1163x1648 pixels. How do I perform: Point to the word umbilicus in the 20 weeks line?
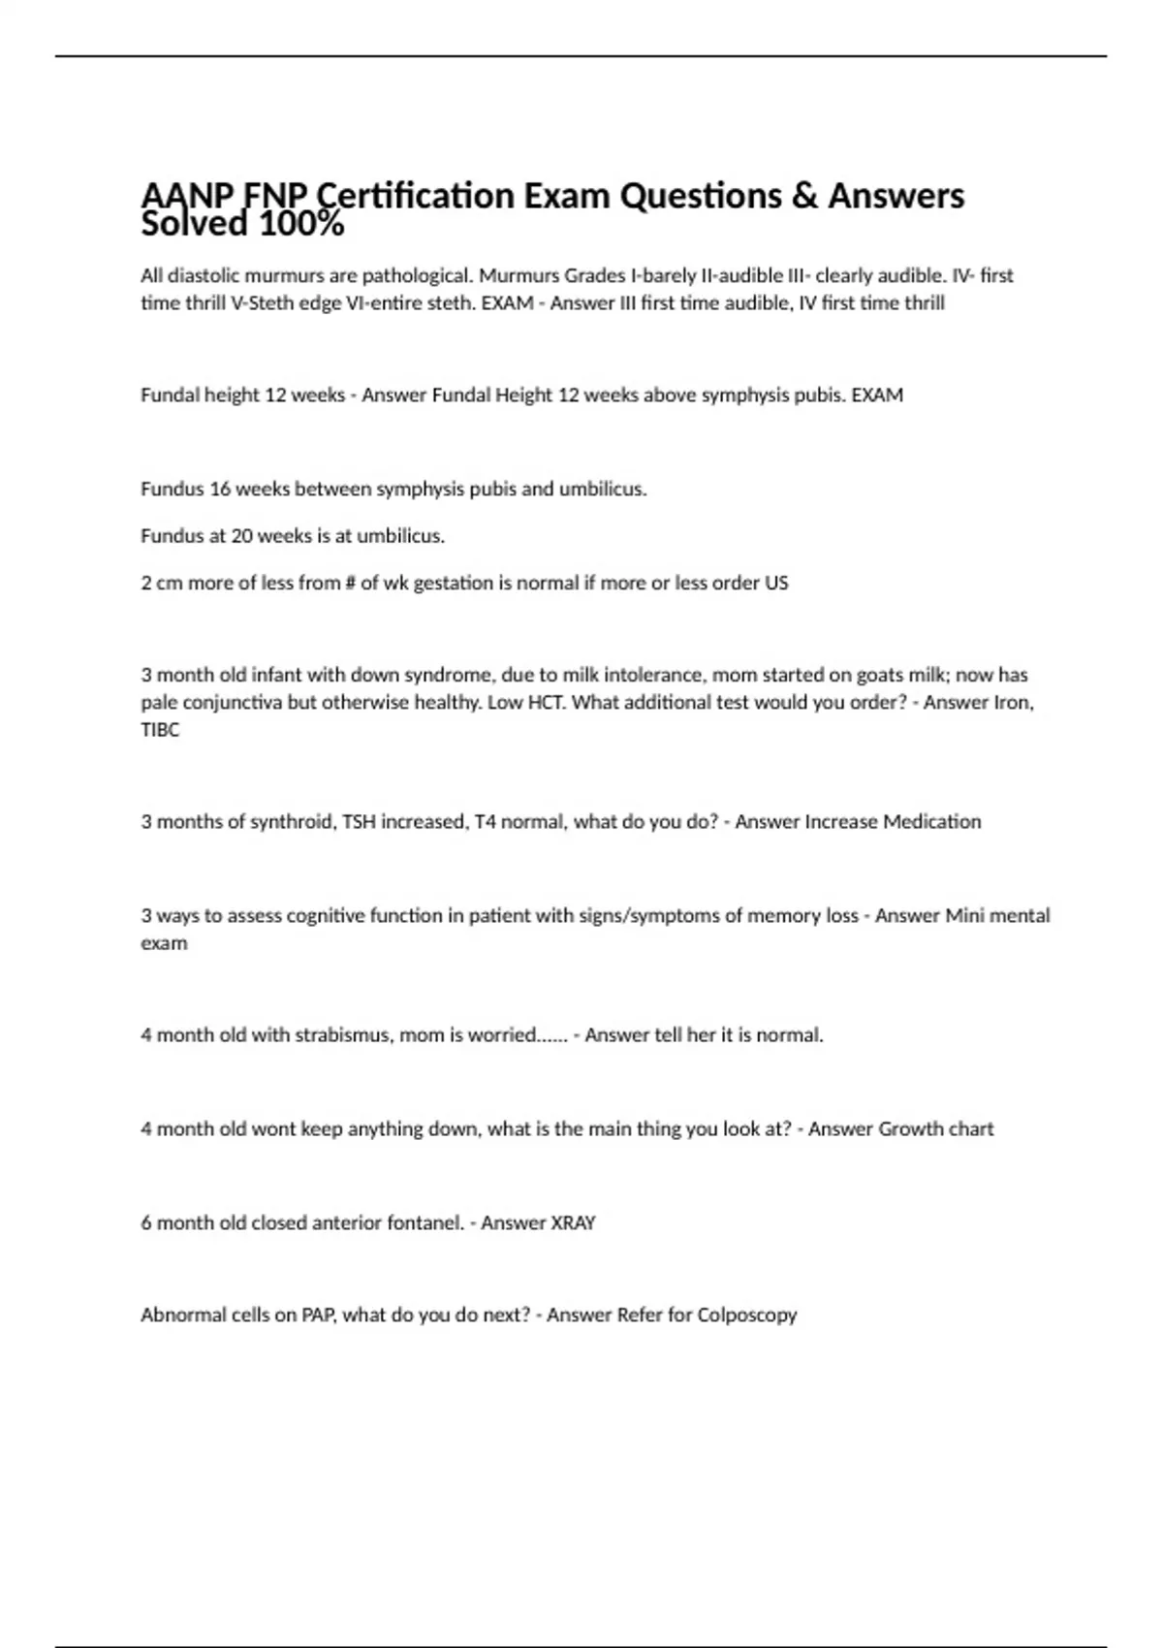click(400, 535)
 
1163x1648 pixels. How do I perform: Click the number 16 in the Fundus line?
click(220, 489)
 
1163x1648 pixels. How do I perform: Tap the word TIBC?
click(160, 730)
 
